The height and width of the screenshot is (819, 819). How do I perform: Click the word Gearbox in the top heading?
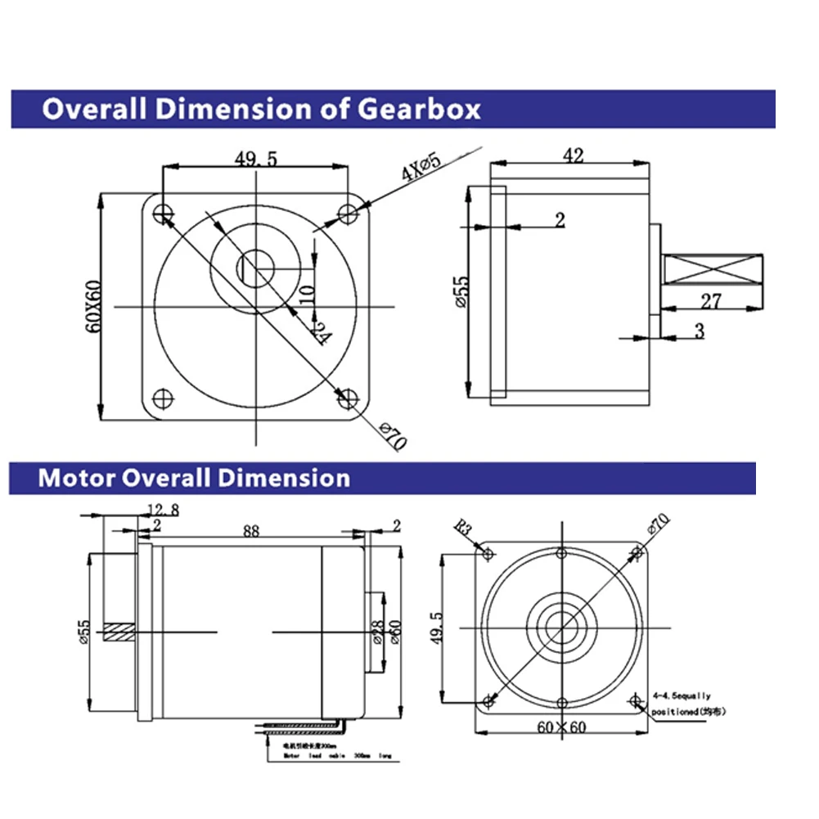[421, 108]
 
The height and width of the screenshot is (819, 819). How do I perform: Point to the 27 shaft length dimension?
[711, 301]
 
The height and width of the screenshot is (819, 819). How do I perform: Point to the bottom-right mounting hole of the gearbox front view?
[349, 398]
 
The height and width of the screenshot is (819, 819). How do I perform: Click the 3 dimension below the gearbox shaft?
[698, 330]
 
